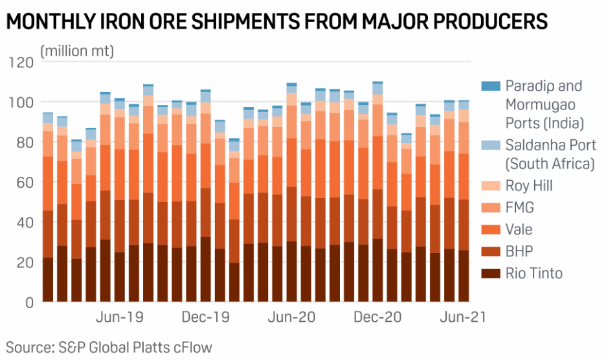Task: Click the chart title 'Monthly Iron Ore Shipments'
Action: point(277,22)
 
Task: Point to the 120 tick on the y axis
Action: point(21,62)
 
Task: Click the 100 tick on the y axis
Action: point(21,102)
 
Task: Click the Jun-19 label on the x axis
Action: point(120,318)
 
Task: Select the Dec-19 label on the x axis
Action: point(207,318)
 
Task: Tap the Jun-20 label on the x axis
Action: point(292,318)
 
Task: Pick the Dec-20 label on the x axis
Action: point(378,318)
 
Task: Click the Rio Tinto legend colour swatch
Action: point(491,274)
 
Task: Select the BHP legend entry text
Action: point(520,252)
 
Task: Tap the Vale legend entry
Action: point(520,230)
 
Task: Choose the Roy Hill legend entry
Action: point(529,186)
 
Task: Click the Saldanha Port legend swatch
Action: point(491,146)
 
